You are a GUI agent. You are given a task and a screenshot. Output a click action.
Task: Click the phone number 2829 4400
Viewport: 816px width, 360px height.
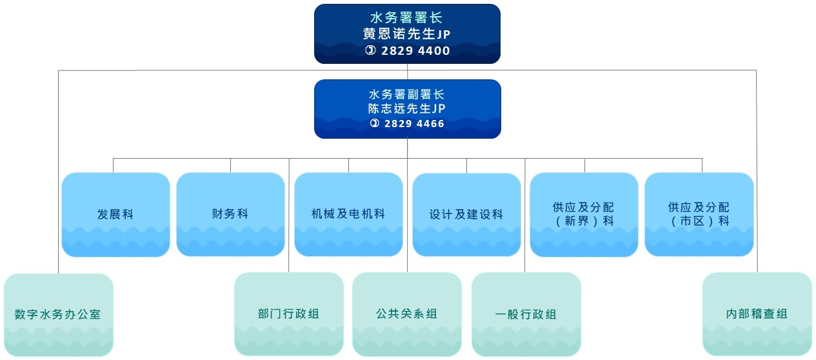point(415,51)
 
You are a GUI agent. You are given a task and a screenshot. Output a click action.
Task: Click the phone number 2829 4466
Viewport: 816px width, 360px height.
point(414,123)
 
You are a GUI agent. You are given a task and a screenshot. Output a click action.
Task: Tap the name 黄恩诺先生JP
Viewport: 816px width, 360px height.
point(407,34)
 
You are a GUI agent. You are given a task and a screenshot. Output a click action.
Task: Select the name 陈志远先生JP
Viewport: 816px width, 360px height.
point(407,109)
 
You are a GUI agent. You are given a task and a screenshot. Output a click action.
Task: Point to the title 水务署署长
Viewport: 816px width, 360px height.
point(407,17)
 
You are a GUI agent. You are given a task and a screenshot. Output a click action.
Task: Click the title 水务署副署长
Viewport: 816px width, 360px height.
point(407,94)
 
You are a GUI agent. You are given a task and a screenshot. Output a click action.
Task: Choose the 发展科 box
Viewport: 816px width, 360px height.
point(115,214)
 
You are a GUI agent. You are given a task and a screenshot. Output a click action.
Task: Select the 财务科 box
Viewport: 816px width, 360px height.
point(230,214)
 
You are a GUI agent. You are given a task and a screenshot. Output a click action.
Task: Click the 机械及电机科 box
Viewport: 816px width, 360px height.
point(348,214)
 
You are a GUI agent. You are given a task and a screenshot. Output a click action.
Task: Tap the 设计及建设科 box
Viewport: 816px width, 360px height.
point(466,215)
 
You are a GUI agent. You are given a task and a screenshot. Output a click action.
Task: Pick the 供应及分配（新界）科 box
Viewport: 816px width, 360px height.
point(584,214)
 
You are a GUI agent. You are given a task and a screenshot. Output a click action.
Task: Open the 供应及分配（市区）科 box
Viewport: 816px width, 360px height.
point(699,214)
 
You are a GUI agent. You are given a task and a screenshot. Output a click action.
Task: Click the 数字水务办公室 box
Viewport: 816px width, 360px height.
point(58,315)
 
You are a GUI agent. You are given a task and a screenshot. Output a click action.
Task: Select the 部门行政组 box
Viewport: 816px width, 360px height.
point(288,314)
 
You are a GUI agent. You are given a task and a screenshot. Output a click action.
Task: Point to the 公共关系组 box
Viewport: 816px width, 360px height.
point(407,314)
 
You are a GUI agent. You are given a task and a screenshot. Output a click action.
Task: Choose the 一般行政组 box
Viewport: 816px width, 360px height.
point(526,315)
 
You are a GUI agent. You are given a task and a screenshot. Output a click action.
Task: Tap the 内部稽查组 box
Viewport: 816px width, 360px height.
point(757,314)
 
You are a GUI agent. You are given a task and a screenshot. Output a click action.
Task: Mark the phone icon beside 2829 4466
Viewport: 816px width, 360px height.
point(374,123)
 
